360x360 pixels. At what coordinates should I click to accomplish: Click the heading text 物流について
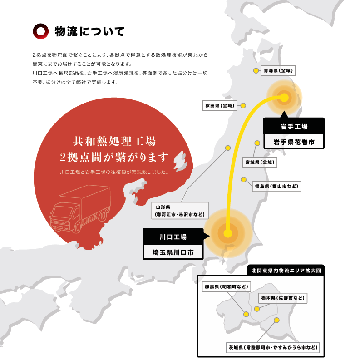pos(89,31)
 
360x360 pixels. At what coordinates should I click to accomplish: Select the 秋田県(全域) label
pos(219,105)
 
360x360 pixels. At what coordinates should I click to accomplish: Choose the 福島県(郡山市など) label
pos(276,186)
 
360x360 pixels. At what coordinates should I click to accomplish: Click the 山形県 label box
pos(180,211)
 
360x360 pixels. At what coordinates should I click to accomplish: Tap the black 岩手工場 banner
pos(294,126)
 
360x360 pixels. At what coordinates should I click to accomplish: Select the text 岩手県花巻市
pos(294,142)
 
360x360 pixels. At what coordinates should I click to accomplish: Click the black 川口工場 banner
pos(173,237)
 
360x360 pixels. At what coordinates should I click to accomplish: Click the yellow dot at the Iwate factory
pos(285,97)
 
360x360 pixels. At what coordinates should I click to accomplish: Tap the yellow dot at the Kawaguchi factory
pos(228,233)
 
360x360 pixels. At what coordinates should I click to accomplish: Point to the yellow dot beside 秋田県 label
pos(243,105)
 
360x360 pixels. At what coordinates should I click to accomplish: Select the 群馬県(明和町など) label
pos(227,287)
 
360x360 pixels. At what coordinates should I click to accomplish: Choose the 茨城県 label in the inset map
pos(273,348)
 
